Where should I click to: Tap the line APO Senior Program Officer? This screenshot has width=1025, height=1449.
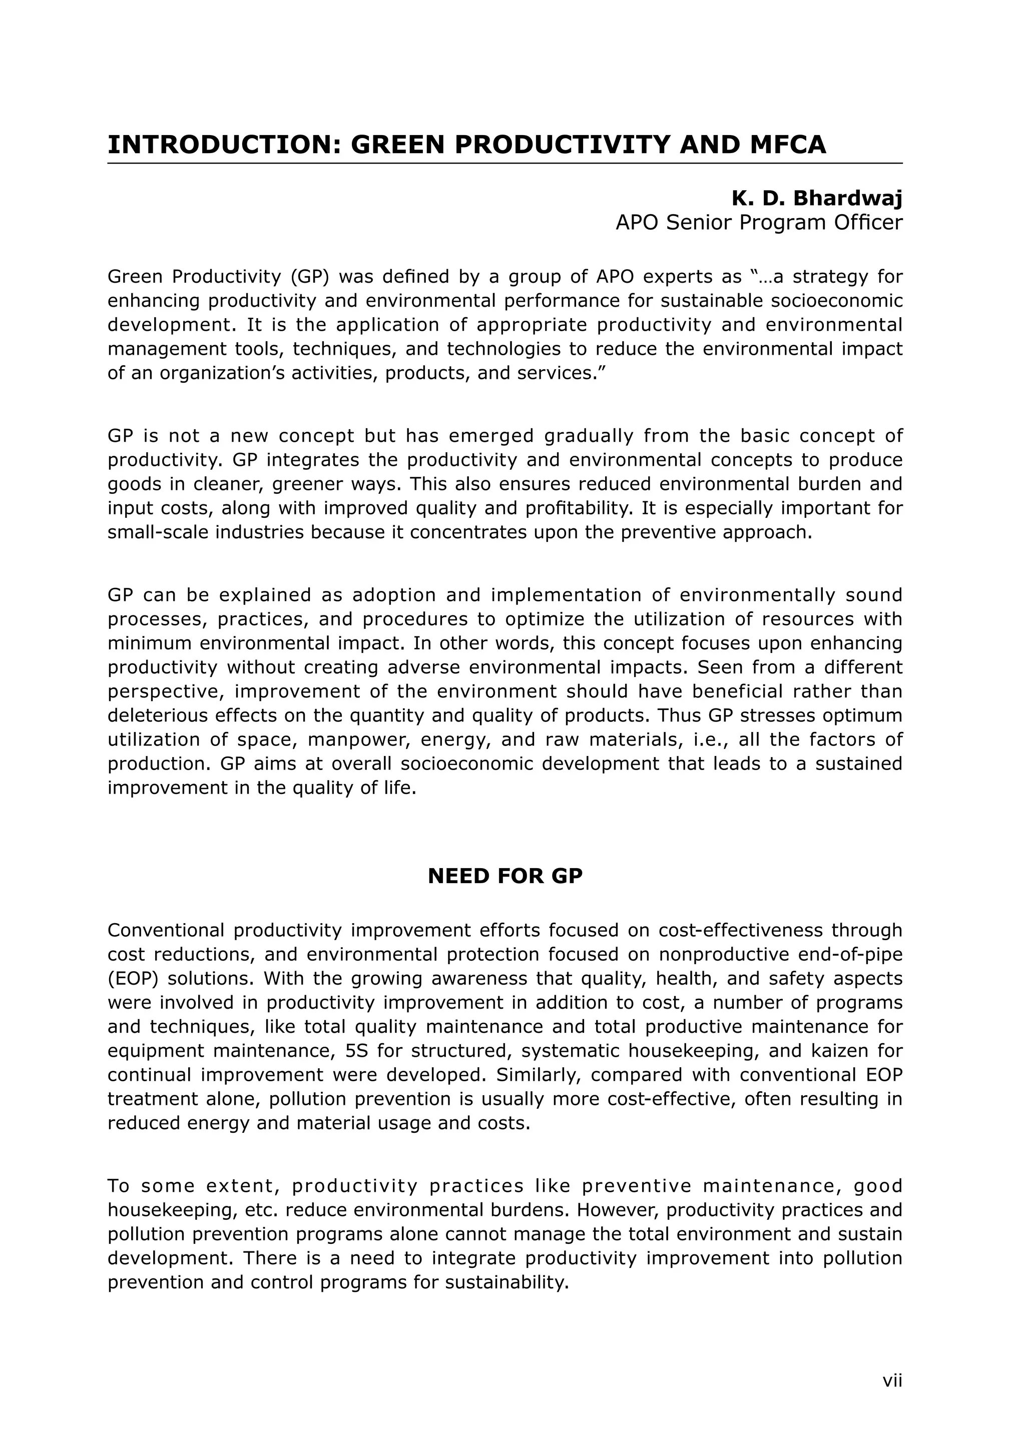[x=759, y=223]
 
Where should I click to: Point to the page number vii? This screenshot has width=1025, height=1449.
[x=892, y=1380]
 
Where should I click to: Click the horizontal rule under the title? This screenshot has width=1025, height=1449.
[x=505, y=164]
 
